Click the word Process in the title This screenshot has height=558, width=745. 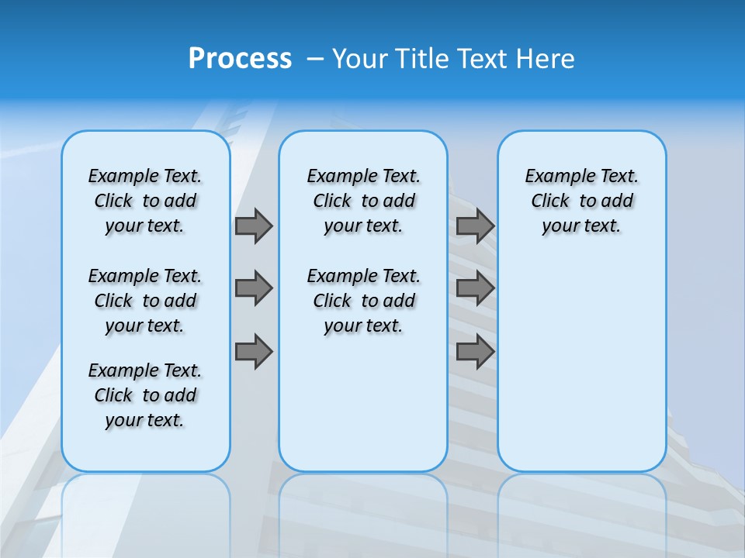click(240, 59)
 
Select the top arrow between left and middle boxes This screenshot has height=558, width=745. click(253, 226)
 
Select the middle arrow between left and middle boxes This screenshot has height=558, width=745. click(253, 288)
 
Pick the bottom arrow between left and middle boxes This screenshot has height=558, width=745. click(253, 353)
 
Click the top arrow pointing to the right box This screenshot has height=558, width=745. click(475, 226)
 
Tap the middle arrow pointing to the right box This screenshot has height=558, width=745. click(475, 288)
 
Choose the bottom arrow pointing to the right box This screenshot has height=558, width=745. click(475, 353)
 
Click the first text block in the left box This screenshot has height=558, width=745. click(145, 201)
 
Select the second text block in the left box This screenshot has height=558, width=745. click(145, 301)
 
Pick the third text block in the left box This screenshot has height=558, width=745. click(145, 395)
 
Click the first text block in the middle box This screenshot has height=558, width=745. click(363, 201)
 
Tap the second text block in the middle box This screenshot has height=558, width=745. click(363, 301)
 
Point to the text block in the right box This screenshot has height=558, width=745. click(582, 201)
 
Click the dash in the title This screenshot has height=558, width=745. click(315, 59)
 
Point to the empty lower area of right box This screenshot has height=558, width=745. click(582, 364)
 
